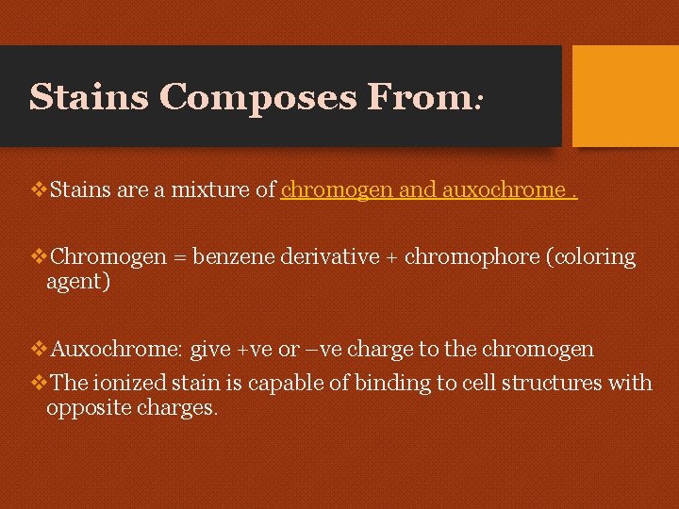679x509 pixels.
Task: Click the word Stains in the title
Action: click(90, 96)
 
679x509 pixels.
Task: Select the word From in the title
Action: click(420, 96)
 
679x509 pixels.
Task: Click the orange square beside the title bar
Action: click(625, 96)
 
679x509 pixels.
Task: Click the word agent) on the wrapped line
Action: click(78, 281)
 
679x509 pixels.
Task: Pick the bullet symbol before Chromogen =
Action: click(39, 257)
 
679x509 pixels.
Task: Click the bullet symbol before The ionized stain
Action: click(39, 383)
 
